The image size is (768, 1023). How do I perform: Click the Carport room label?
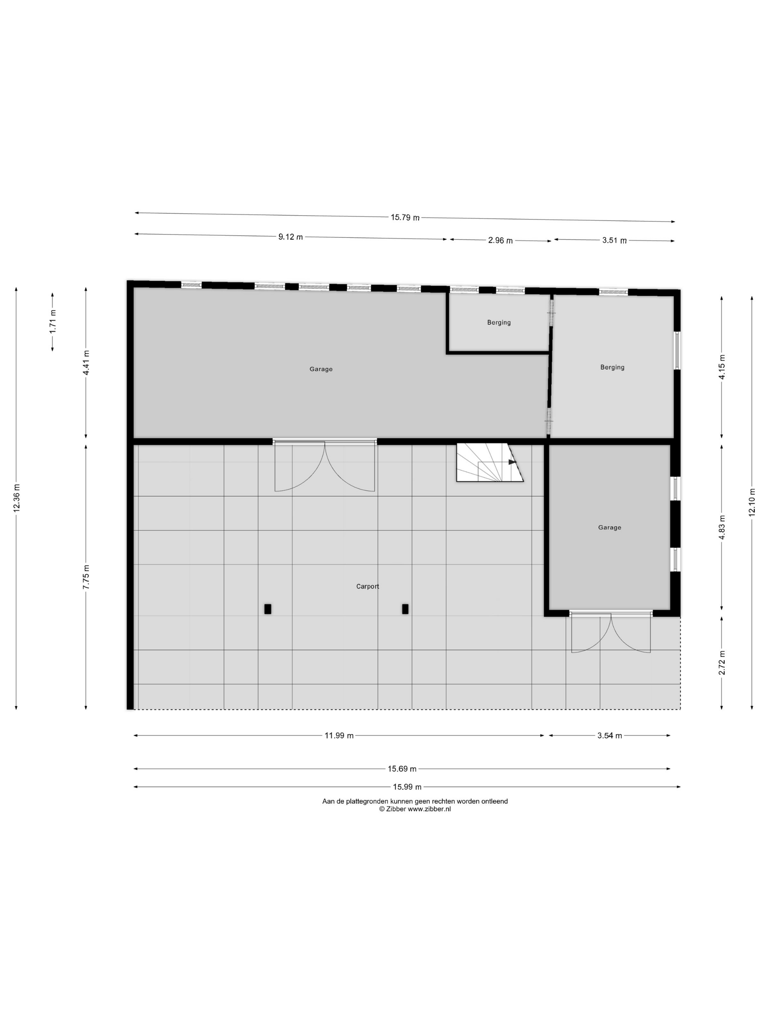pyautogui.click(x=368, y=586)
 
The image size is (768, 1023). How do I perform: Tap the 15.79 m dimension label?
pyautogui.click(x=405, y=217)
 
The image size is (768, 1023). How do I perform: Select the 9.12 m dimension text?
pyautogui.click(x=291, y=237)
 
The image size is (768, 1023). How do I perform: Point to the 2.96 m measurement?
pyautogui.click(x=500, y=240)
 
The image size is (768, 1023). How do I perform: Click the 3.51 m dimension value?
pyautogui.click(x=614, y=240)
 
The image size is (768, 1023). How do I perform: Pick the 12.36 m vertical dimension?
pyautogui.click(x=17, y=498)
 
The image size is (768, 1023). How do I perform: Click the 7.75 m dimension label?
pyautogui.click(x=86, y=577)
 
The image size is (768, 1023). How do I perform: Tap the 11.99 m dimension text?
pyautogui.click(x=339, y=736)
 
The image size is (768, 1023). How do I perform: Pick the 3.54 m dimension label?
pyautogui.click(x=609, y=736)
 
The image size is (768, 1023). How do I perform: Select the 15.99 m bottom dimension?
pyautogui.click(x=407, y=787)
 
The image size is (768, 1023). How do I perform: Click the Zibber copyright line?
pyautogui.click(x=415, y=809)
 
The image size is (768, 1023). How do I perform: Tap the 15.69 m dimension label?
pyautogui.click(x=402, y=769)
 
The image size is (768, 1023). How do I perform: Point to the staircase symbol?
pyautogui.click(x=490, y=463)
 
